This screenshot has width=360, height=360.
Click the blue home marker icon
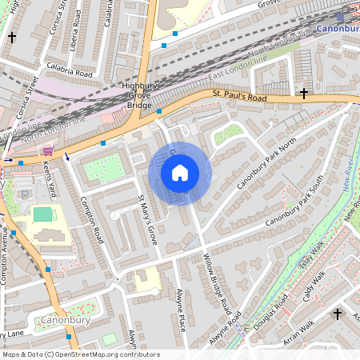pyautogui.click(x=179, y=172)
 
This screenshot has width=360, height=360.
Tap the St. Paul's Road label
pyautogui.click(x=238, y=97)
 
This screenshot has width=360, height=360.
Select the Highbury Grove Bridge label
pyautogui.click(x=138, y=95)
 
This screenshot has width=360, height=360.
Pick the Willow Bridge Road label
pyautogui.click(x=217, y=284)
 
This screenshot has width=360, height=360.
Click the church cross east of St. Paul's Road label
pyautogui.click(x=303, y=94)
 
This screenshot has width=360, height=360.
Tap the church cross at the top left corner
pyautogui.click(x=11, y=37)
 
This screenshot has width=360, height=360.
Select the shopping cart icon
pyautogui.click(x=48, y=150)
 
